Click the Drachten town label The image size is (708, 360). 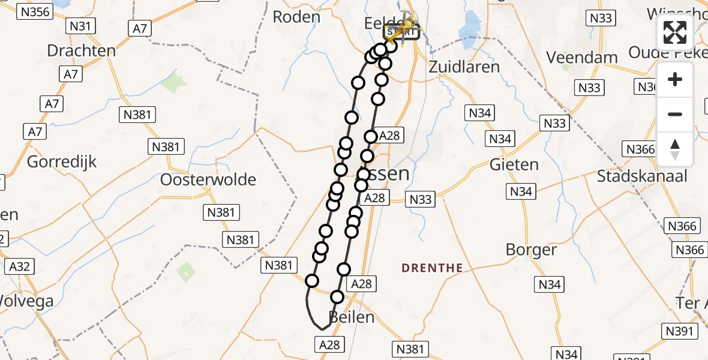tap(81, 50)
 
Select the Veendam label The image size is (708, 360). tap(582, 58)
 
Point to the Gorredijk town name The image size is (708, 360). tap(62, 161)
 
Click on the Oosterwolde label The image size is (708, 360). tap(208, 179)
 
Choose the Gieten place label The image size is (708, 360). tap(514, 164)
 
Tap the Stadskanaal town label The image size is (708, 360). tap(642, 176)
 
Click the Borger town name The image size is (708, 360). tap(531, 250)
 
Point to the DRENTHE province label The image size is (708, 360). tap(432, 268)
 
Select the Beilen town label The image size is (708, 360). tap(352, 317)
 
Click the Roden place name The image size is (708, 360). tap(296, 17)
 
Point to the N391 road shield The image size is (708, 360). tap(679, 331)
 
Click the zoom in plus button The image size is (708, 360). tap(675, 79)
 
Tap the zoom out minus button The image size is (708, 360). tap(675, 114)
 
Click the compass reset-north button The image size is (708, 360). tap(675, 149)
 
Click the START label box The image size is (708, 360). tap(401, 32)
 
